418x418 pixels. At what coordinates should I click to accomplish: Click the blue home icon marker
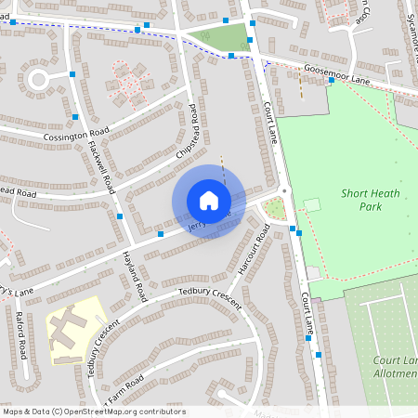pos(208,201)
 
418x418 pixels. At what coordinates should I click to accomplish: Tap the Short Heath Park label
pos(360,200)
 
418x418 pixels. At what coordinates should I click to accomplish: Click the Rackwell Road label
pos(100,166)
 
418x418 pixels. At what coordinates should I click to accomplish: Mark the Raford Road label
pos(20,334)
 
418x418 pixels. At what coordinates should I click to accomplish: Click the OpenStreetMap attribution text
pos(94,411)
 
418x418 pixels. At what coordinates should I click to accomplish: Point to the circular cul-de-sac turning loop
pos(38,79)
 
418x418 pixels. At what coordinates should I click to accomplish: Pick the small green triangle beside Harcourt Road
pos(274,209)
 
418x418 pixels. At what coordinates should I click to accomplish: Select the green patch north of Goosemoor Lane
pos(223,38)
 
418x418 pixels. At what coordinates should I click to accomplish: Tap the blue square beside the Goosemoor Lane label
pos(332,80)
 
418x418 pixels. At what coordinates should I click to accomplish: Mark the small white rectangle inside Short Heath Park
pos(311,204)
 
